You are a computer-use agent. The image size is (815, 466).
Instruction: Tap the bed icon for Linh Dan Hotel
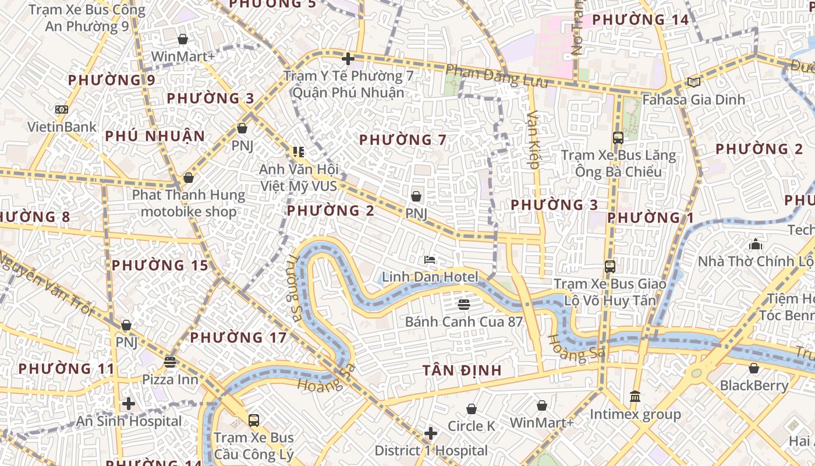(x=430, y=260)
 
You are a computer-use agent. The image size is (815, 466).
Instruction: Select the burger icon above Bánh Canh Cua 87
(x=464, y=304)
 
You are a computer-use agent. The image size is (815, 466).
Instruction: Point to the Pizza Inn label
(x=170, y=379)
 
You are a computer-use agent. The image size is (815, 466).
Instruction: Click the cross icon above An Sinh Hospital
(x=129, y=404)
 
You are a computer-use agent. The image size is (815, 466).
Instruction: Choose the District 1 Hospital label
(x=431, y=450)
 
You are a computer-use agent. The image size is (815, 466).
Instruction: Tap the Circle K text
(x=471, y=426)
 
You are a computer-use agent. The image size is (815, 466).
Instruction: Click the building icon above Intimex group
(x=635, y=397)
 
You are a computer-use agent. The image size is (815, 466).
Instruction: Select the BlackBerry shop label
(x=754, y=385)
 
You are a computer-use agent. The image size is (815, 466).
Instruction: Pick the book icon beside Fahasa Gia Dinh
(x=693, y=82)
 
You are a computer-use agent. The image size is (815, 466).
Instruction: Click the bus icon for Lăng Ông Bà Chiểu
(x=618, y=138)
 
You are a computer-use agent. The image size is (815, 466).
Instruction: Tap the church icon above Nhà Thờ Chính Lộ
(x=756, y=244)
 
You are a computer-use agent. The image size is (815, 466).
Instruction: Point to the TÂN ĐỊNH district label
(x=462, y=370)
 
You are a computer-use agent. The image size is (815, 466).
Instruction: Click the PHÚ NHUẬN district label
(x=155, y=136)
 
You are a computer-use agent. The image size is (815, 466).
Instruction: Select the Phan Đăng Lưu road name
(x=497, y=76)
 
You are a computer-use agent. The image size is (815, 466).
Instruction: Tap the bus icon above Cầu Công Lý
(x=253, y=420)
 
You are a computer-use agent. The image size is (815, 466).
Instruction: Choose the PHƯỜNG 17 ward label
(x=238, y=337)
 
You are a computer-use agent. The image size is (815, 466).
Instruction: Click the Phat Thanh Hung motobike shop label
(x=189, y=203)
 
